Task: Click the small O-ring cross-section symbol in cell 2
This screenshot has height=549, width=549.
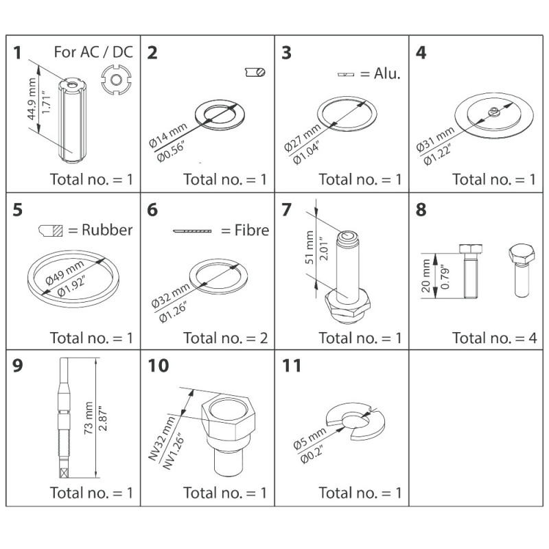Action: pos(255,71)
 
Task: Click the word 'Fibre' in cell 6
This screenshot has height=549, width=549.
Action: pos(252,231)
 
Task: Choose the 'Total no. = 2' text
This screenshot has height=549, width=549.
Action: pos(225,337)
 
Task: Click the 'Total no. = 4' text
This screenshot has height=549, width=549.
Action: pos(494,337)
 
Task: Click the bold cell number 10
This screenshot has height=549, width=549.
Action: pos(158,366)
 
